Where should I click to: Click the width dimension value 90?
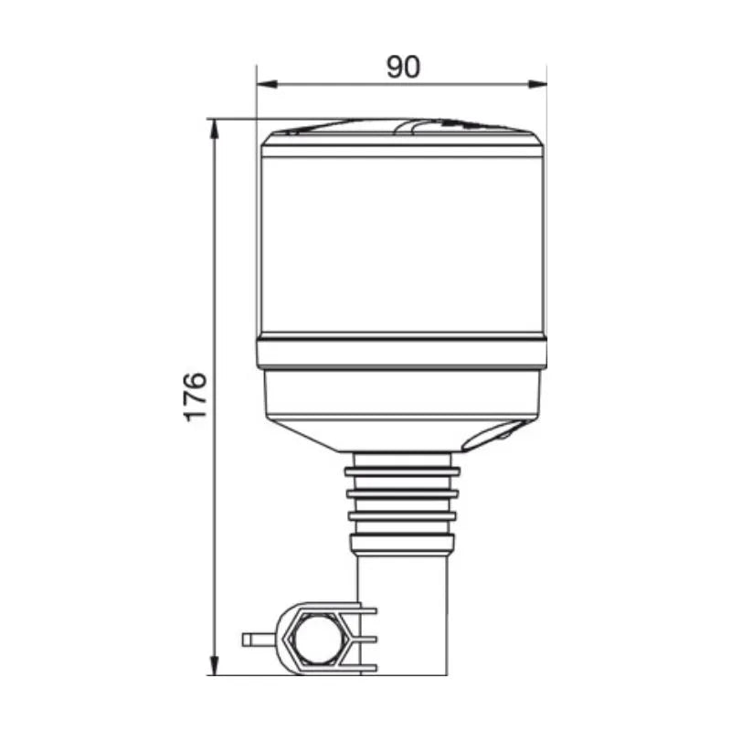point(403,67)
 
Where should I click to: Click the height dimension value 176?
point(196,397)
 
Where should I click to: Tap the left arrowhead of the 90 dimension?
point(267,84)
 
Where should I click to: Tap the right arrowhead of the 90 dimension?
point(536,84)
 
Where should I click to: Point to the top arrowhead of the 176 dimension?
point(214,129)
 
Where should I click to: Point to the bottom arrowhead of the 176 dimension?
point(214,665)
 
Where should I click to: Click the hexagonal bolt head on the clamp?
point(316,639)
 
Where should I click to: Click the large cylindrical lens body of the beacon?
point(402,244)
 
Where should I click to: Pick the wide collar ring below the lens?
point(402,354)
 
